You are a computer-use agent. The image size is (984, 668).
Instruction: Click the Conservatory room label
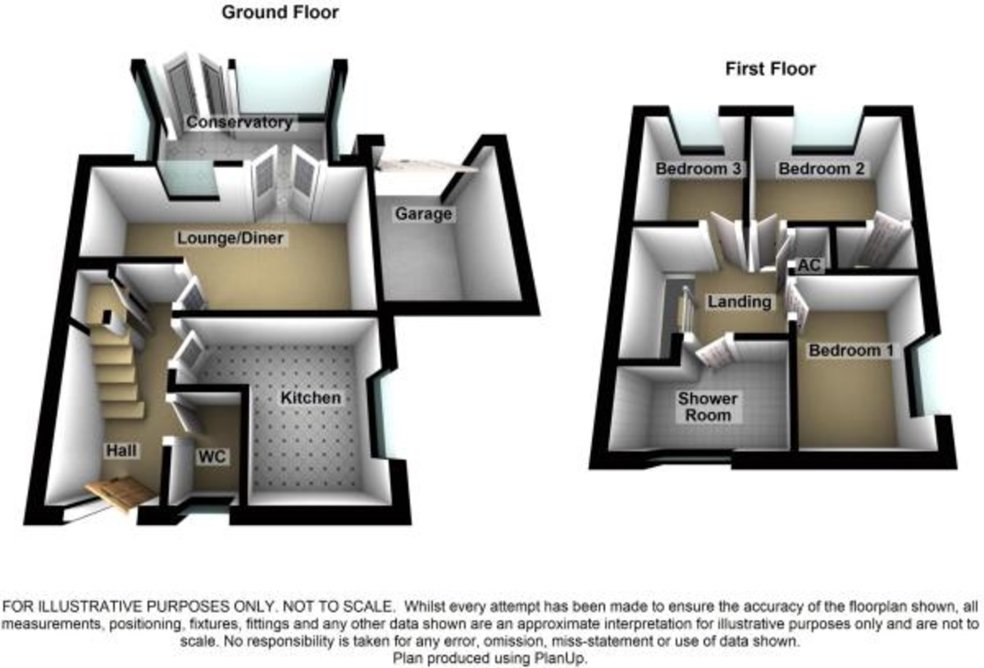tap(239, 123)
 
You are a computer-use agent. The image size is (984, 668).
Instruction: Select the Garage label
tap(423, 214)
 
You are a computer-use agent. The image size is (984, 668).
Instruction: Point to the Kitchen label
tap(311, 398)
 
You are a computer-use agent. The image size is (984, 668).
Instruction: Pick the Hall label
tap(121, 451)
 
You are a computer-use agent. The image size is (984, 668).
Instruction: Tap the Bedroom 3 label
tap(699, 169)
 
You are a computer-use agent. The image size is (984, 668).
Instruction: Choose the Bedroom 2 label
tap(822, 169)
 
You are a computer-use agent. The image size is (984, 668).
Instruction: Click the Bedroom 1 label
tap(850, 350)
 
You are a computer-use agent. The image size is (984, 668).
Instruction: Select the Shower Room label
tap(707, 407)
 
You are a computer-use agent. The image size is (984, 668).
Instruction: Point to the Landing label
tap(739, 302)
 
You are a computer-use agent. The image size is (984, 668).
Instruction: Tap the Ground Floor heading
tap(280, 12)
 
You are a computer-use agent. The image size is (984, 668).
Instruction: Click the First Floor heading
tap(770, 69)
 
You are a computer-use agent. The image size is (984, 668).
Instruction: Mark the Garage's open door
tap(426, 164)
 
